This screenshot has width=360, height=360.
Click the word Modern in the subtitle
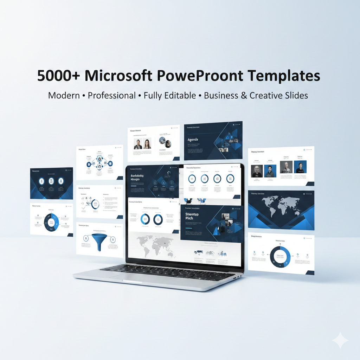click(x=64, y=95)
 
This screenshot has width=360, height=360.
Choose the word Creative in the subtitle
click(x=266, y=95)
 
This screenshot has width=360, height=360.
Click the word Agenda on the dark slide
click(x=193, y=140)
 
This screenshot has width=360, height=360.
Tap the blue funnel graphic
click(x=99, y=242)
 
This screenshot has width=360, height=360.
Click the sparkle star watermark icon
click(x=340, y=341)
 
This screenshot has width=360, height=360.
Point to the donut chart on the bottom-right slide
click(x=280, y=256)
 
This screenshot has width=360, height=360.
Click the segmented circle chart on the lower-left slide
click(x=52, y=222)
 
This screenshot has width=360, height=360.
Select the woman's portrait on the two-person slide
click(x=147, y=143)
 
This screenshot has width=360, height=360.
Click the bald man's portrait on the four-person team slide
click(x=286, y=167)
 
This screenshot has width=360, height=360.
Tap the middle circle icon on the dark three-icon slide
click(x=51, y=181)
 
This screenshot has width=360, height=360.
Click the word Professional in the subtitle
click(x=112, y=95)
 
